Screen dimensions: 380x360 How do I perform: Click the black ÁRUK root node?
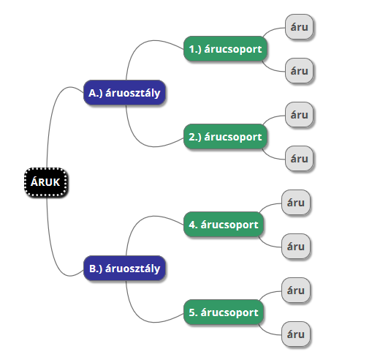46,182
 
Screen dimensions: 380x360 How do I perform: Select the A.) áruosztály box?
124,93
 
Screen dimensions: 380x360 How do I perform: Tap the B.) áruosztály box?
124,269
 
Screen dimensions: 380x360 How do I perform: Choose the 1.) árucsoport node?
225,49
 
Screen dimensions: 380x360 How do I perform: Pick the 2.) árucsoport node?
225,137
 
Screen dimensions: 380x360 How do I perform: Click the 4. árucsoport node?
224,225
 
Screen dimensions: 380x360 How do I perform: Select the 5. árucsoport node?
224,312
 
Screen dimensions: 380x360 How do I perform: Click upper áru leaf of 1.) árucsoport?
299,27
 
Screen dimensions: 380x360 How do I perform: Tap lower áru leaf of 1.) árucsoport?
299,71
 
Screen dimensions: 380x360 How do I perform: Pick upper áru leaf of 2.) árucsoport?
299,115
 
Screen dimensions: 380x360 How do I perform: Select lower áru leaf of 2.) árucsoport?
299,159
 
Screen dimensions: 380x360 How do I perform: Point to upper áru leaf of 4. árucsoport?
296,203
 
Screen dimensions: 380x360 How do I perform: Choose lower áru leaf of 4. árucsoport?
296,247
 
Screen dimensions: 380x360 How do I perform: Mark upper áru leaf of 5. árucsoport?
296,290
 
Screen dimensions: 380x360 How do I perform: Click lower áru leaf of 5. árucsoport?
296,334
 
